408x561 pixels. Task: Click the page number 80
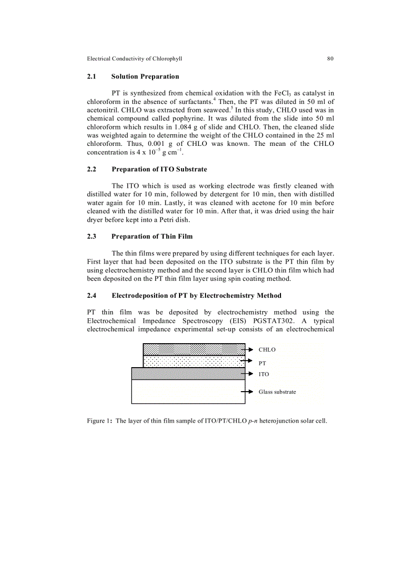point(330,58)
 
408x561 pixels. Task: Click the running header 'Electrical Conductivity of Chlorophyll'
point(134,58)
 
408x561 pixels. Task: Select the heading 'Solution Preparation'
point(145,76)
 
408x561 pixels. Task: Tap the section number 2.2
point(91,169)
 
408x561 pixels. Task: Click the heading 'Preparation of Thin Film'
point(152,236)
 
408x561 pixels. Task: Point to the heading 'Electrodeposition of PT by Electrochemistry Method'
point(196,295)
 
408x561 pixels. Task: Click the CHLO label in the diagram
point(267,350)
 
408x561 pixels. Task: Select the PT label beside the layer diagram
point(262,363)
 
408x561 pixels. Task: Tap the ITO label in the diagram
point(263,374)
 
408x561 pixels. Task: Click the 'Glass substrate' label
point(277,392)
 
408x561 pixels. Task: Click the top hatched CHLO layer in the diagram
point(194,349)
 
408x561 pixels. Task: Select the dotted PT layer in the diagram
point(194,361)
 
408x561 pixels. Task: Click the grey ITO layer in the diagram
point(188,374)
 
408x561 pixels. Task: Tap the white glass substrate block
point(188,392)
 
